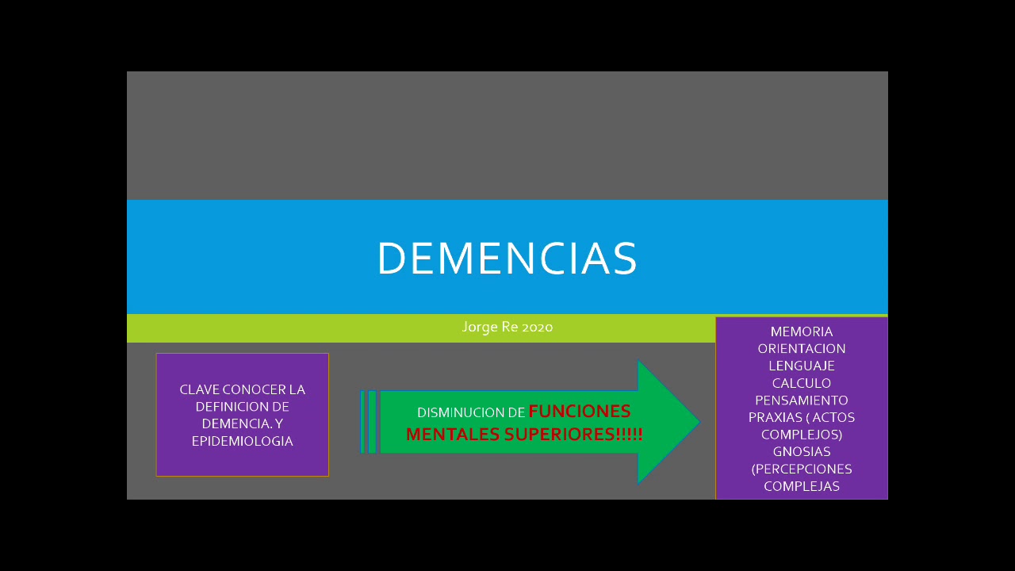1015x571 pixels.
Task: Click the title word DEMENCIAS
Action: (507, 259)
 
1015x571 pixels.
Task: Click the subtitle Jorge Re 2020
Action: (507, 327)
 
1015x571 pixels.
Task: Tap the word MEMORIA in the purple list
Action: (802, 331)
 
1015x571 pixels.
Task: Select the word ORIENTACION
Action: (802, 349)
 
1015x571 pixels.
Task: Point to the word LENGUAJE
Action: (802, 366)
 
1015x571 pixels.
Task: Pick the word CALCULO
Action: (802, 383)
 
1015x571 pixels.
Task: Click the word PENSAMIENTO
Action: (802, 400)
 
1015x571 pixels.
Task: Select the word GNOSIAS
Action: (802, 452)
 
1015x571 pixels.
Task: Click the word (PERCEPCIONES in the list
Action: (802, 469)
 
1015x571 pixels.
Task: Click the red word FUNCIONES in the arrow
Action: (580, 412)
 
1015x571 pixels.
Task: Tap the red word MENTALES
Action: (452, 435)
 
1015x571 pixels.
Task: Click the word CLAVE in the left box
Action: (199, 390)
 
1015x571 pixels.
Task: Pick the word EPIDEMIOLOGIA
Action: (242, 442)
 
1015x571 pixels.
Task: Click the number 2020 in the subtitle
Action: (538, 327)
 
